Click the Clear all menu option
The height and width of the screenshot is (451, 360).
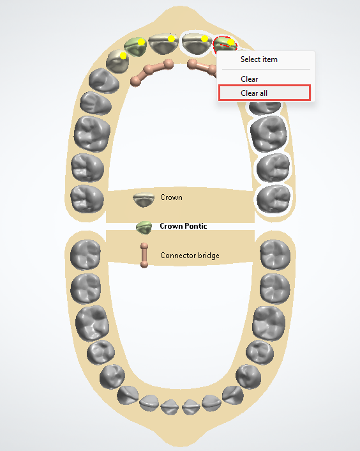click(x=254, y=93)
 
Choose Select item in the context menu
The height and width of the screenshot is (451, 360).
click(x=259, y=59)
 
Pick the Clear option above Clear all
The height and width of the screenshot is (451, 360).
click(x=249, y=79)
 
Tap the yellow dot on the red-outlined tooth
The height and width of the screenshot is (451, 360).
click(x=230, y=42)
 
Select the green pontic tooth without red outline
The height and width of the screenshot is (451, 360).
click(x=135, y=47)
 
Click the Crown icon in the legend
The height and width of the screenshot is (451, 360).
click(x=144, y=199)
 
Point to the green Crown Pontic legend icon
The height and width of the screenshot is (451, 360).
click(x=144, y=227)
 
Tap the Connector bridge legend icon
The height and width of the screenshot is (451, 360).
click(x=144, y=255)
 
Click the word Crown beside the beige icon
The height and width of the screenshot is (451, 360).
click(x=171, y=197)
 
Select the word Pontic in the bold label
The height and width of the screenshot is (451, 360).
click(x=196, y=226)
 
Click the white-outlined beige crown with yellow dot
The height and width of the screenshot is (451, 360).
click(x=197, y=44)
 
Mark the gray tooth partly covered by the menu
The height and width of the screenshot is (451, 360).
click(x=265, y=107)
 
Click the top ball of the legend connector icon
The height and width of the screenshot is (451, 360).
click(x=144, y=246)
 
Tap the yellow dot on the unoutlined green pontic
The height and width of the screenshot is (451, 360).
click(x=141, y=42)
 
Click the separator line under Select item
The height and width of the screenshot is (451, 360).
click(x=266, y=70)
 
